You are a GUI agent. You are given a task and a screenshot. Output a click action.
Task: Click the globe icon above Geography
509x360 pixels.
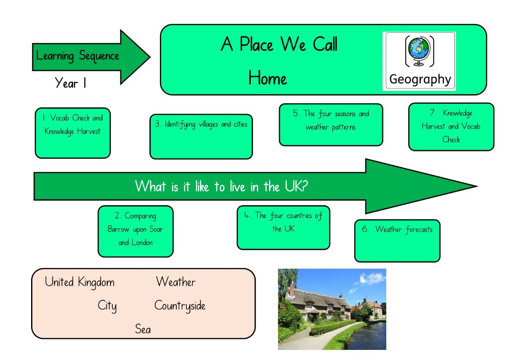pos(419,51)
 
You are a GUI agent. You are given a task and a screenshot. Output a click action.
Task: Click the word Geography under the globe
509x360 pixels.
pos(420,80)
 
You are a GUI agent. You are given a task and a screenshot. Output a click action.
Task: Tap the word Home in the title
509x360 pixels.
pos(268,78)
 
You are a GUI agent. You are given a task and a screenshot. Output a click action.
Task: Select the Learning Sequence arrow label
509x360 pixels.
pos(78,56)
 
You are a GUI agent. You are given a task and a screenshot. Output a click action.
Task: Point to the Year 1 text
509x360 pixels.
pos(70,83)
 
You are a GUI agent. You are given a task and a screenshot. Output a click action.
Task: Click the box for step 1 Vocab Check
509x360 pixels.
pos(73,133)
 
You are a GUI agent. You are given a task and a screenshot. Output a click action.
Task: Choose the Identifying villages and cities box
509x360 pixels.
pos(201,137)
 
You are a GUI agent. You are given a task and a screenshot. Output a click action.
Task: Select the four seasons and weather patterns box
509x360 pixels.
pos(331,125)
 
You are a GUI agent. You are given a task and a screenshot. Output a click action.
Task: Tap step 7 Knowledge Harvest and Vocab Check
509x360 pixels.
pos(451,127)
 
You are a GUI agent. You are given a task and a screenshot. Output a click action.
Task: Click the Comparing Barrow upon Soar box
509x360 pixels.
pos(136,232)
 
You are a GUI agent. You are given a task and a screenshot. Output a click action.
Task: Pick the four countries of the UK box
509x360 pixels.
pos(283,228)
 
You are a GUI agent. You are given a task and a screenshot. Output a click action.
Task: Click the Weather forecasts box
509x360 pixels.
pos(397,241)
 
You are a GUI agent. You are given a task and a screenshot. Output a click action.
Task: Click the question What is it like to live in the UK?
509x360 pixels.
pos(221,186)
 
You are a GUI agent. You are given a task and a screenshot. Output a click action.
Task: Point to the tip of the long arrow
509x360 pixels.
pos(477,186)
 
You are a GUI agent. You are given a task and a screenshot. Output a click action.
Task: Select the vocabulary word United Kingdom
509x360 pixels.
pos(80,282)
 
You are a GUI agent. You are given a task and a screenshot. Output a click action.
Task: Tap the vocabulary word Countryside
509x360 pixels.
pos(180,306)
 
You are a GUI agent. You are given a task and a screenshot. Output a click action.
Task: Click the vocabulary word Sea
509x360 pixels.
pos(143,329)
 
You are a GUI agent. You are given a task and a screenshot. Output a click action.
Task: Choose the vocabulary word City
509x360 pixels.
pos(107,306)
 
